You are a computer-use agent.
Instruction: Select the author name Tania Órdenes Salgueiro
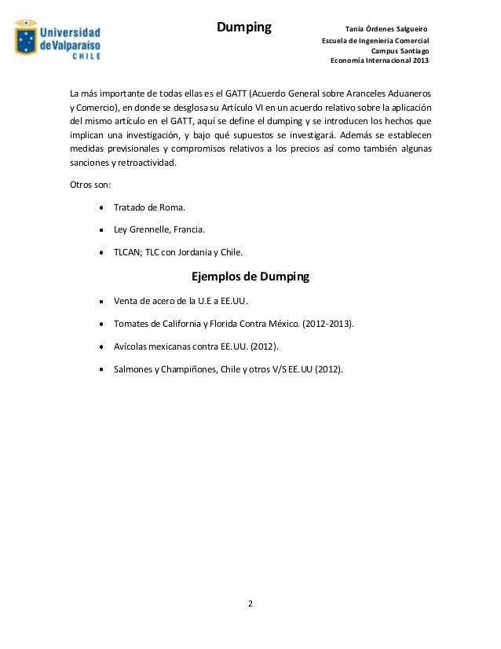click(x=386, y=29)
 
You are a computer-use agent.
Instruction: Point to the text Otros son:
click(x=90, y=185)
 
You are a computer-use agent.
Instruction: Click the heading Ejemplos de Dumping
click(x=251, y=277)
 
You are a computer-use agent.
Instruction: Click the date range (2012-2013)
click(x=328, y=323)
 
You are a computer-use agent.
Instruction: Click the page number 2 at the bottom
click(x=251, y=604)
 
